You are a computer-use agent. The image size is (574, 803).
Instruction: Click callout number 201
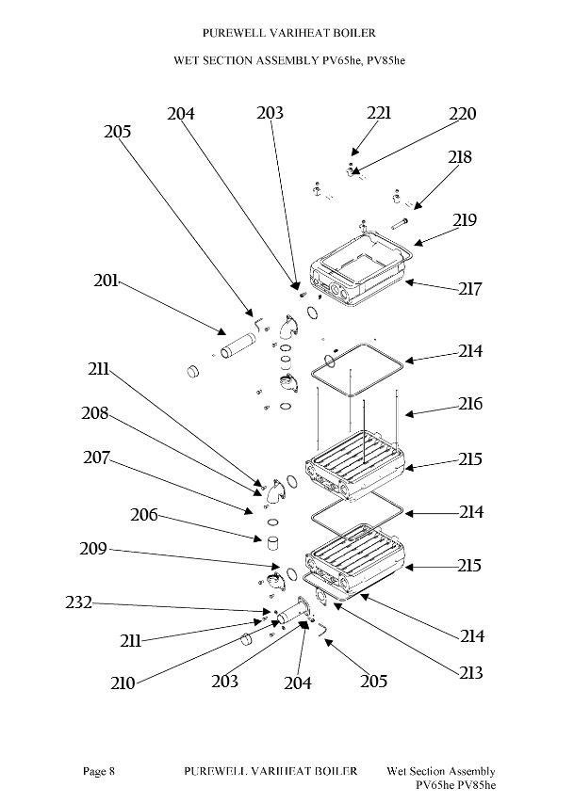[106, 281]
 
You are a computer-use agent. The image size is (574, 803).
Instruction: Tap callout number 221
[379, 113]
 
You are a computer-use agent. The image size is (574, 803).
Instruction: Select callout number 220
[462, 114]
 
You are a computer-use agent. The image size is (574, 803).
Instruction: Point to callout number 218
[459, 156]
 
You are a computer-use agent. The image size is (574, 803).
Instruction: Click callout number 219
[465, 219]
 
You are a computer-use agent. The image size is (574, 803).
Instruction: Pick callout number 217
[470, 289]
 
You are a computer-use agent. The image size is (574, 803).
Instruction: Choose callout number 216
[470, 404]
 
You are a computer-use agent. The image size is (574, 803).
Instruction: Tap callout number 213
[470, 672]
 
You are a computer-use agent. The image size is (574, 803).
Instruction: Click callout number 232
[78, 602]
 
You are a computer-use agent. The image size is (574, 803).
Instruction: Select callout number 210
[123, 683]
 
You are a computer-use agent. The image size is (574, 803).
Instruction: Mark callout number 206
[143, 515]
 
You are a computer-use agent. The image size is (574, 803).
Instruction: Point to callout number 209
[93, 549]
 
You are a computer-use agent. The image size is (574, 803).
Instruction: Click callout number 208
[95, 412]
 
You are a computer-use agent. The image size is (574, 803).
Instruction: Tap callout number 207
[96, 457]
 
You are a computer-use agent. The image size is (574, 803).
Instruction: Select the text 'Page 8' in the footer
[99, 771]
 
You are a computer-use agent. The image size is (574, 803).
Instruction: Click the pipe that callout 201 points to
[238, 345]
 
